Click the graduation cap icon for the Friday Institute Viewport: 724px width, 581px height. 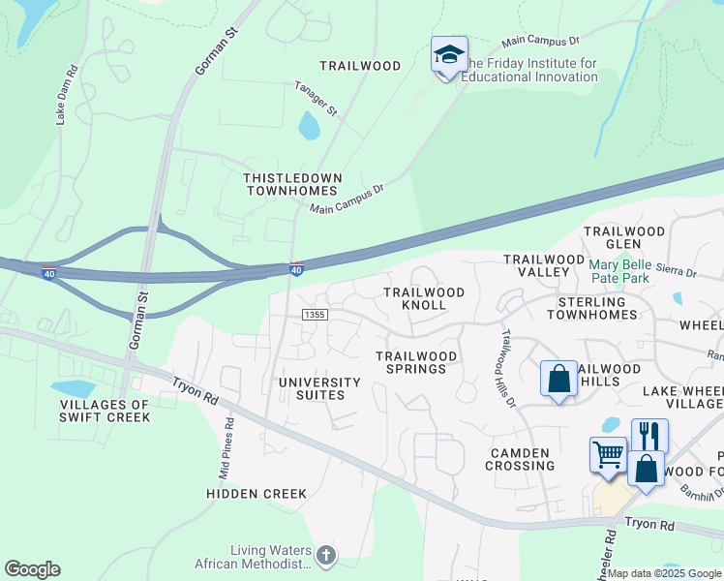tap(449, 55)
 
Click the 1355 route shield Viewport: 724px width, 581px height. tap(314, 315)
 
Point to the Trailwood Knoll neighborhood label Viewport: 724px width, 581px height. tap(424, 298)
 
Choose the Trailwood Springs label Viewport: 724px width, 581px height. tap(417, 362)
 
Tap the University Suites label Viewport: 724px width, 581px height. tap(318, 388)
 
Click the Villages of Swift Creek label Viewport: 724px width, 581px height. tap(105, 411)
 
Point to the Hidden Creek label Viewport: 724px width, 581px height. tap(256, 494)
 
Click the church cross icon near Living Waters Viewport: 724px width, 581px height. tap(326, 556)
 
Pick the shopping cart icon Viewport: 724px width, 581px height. tap(608, 454)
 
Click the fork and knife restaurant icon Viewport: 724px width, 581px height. tap(649, 436)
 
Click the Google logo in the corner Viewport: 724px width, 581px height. tap(32, 569)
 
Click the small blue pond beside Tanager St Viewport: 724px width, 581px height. tap(309, 126)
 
